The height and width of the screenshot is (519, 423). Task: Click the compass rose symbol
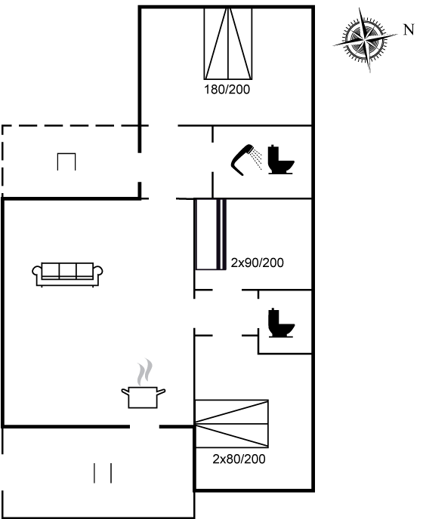click(x=365, y=40)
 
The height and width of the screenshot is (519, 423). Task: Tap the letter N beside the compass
click(x=409, y=29)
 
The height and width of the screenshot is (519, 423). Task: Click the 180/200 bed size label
click(x=227, y=89)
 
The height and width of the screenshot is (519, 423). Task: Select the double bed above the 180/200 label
click(x=228, y=44)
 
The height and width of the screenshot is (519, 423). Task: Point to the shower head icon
click(x=246, y=159)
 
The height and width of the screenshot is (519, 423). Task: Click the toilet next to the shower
click(x=281, y=159)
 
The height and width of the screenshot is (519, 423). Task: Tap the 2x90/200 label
click(x=258, y=263)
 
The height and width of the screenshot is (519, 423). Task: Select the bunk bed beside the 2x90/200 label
click(x=211, y=235)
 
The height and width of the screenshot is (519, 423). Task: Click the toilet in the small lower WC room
click(x=281, y=323)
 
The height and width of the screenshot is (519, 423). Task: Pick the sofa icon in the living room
click(x=67, y=275)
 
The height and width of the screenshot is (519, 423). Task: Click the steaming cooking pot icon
click(x=144, y=397)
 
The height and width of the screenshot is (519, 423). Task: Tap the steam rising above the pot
click(x=145, y=372)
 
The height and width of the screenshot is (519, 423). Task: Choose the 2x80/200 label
click(x=239, y=459)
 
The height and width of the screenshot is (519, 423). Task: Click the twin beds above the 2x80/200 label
click(x=231, y=424)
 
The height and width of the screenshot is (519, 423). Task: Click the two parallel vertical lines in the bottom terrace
click(x=103, y=473)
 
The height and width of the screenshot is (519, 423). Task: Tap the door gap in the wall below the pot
click(x=144, y=427)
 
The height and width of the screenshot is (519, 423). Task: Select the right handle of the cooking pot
click(x=161, y=392)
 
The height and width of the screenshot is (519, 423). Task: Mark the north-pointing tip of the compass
click(x=397, y=34)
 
